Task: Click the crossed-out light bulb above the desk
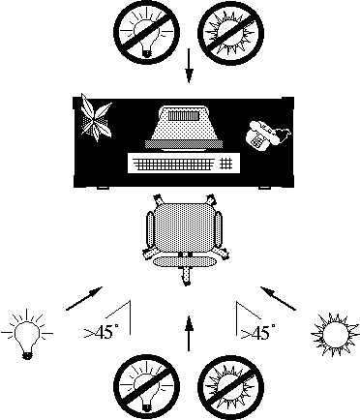pyautogui.click(x=146, y=32)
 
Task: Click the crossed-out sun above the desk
pyautogui.click(x=230, y=33)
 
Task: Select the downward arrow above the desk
pyautogui.click(x=189, y=66)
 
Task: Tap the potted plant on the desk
pyautogui.click(x=96, y=118)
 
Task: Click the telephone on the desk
pyautogui.click(x=268, y=135)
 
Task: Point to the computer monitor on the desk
pyautogui.click(x=184, y=128)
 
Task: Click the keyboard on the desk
pyautogui.click(x=184, y=164)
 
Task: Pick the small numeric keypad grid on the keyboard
pyautogui.click(x=226, y=163)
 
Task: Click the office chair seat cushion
pyautogui.click(x=184, y=228)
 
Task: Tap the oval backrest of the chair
pyautogui.click(x=185, y=262)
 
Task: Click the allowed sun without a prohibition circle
pyautogui.click(x=335, y=334)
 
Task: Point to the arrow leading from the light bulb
pyautogui.click(x=84, y=298)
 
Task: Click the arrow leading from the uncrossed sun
pyautogui.click(x=278, y=298)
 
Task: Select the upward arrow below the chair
pyautogui.click(x=189, y=333)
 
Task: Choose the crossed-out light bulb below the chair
pyautogui.click(x=146, y=386)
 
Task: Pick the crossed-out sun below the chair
pyautogui.click(x=230, y=387)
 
